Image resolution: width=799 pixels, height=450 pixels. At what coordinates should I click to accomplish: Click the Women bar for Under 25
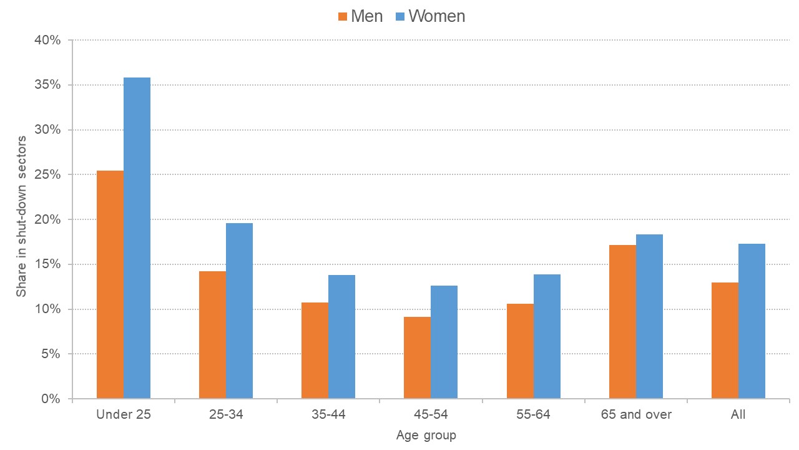(x=137, y=237)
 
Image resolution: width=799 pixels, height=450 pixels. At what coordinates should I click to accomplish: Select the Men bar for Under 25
(x=110, y=284)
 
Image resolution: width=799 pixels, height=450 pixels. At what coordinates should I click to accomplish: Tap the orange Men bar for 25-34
(x=212, y=334)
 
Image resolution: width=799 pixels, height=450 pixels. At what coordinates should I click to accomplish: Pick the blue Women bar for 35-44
(x=341, y=336)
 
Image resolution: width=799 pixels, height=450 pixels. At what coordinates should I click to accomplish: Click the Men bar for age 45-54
(x=417, y=357)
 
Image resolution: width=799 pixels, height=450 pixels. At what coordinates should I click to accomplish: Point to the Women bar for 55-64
(x=547, y=336)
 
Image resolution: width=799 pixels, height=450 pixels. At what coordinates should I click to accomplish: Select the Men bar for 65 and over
(x=622, y=321)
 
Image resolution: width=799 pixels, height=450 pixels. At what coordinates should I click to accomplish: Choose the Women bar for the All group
(x=752, y=321)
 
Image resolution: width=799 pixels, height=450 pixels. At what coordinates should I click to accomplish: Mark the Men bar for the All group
(x=725, y=340)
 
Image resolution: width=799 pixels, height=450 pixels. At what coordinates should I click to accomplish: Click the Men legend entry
(x=361, y=16)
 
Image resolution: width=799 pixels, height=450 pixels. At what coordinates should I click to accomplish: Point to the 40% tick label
(x=47, y=41)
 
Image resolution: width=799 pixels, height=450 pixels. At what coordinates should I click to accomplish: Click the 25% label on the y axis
(x=47, y=175)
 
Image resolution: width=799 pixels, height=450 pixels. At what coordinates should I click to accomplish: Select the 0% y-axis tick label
(x=50, y=399)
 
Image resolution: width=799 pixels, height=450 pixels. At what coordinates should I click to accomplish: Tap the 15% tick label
(x=47, y=264)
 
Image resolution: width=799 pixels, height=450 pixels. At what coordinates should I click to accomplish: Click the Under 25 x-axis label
(x=124, y=414)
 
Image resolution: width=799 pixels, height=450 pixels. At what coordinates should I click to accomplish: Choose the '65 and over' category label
(x=636, y=414)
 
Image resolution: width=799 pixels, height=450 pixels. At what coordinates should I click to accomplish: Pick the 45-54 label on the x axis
(x=431, y=414)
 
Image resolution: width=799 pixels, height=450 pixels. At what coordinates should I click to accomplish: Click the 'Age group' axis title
(x=426, y=436)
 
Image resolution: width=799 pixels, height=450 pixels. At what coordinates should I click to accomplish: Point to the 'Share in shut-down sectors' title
(x=21, y=216)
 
